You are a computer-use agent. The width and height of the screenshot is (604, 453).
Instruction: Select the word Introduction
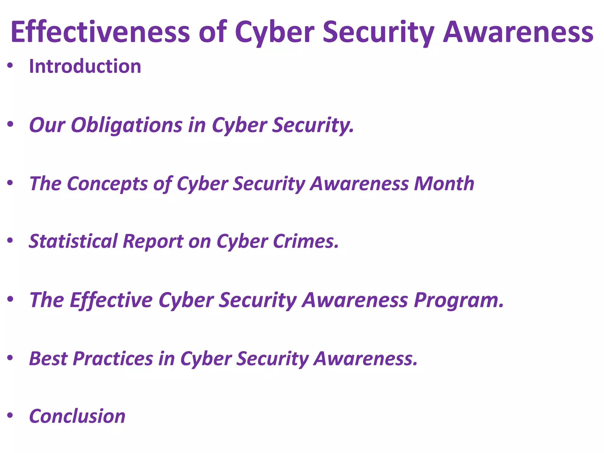point(85,66)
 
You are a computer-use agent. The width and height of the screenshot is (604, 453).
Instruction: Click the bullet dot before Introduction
point(10,66)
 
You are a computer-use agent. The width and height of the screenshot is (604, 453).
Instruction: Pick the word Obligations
point(127,125)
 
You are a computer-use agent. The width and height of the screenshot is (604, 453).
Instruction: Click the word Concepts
point(107,183)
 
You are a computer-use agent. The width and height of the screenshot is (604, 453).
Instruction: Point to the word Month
point(444,183)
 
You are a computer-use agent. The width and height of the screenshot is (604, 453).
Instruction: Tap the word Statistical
point(73,241)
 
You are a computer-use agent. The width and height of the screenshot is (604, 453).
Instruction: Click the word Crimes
point(306,241)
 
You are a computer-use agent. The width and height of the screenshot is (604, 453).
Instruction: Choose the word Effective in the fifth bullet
point(111,300)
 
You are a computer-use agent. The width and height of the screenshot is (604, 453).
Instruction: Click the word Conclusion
point(77,416)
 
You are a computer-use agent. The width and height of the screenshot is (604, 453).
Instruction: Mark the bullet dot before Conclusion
point(10,416)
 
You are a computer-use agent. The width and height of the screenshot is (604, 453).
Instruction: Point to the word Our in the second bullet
point(47,125)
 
